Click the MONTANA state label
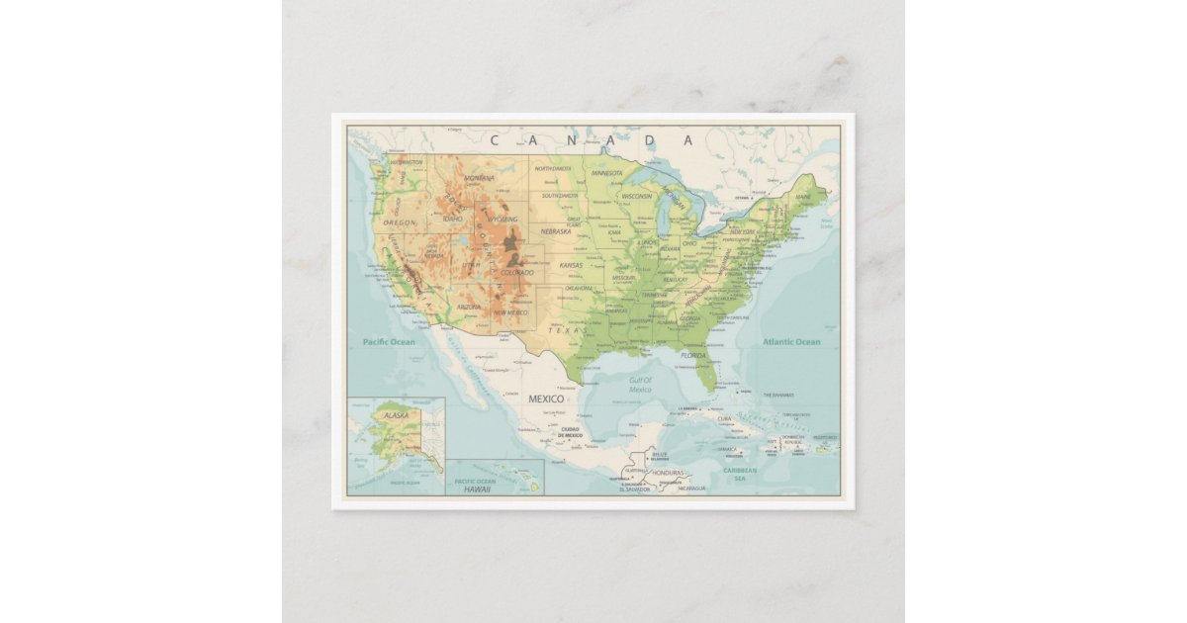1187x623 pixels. coord(479,178)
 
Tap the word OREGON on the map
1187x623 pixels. coord(400,222)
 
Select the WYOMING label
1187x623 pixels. coord(502,220)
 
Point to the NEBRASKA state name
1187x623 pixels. coord(556,231)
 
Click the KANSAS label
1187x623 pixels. coord(572,265)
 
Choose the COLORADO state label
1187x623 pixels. coord(516,272)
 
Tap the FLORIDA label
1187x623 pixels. coord(692,354)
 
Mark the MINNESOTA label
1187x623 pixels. coord(606,173)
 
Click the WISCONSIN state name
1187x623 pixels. coord(637,196)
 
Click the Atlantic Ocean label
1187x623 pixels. coord(791,342)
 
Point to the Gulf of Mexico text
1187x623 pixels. coord(640,385)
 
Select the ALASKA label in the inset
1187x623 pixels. coord(396,415)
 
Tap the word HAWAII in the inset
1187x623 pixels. coord(478,489)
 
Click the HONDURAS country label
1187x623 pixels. coord(668,473)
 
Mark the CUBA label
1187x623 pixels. coord(724,418)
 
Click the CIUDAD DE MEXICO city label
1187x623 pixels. coord(569,433)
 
